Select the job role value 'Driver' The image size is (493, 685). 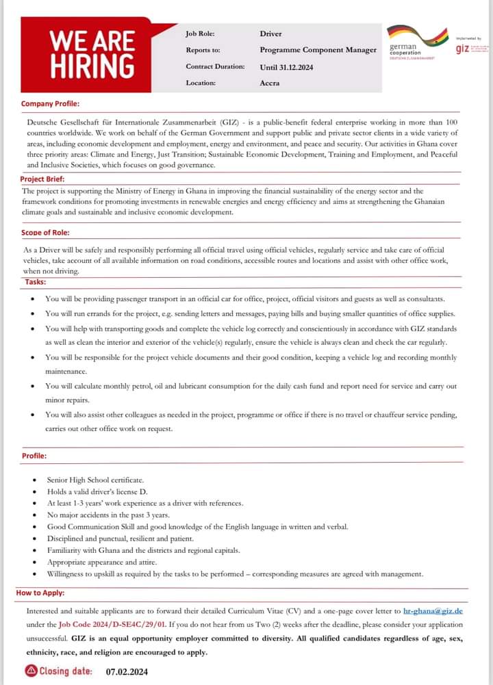point(270,34)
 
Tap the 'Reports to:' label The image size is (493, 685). point(203,50)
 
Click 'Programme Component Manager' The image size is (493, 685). point(318,50)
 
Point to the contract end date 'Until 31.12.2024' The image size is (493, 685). point(287,67)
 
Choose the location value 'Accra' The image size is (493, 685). point(270,83)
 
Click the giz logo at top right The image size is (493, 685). point(463,48)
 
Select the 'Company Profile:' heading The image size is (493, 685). point(50,104)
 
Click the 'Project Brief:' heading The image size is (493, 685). point(43,179)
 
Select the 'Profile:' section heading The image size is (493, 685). point(34,455)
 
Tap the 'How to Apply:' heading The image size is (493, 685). point(40,593)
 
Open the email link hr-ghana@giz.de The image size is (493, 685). point(433,609)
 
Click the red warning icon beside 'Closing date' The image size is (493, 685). point(30,671)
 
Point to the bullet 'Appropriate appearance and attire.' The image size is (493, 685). point(102,562)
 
